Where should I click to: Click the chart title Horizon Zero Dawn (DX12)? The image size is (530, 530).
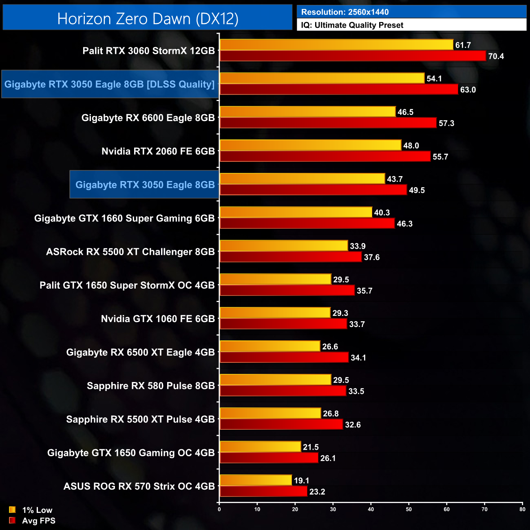(x=148, y=19)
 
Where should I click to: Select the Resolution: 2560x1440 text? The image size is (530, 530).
(x=345, y=12)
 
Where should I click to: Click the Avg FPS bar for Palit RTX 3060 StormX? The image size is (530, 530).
(x=353, y=56)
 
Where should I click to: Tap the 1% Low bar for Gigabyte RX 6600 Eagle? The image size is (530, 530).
(x=307, y=112)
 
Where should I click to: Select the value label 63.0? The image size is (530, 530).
(x=468, y=90)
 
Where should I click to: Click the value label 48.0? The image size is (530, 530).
(x=411, y=146)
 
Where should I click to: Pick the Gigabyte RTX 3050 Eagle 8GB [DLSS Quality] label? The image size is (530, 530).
(x=109, y=84)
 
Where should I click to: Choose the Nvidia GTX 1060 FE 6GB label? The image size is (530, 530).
(x=158, y=319)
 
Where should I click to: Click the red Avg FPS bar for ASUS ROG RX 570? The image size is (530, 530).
(x=263, y=491)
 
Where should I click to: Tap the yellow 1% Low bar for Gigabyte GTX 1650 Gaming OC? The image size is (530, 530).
(x=260, y=447)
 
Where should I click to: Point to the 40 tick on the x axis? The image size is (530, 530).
(x=371, y=509)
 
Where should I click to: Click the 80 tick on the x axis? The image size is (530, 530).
(x=522, y=509)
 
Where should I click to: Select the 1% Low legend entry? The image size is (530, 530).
(x=31, y=510)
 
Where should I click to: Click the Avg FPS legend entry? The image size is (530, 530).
(x=33, y=521)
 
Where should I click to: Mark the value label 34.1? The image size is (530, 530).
(x=358, y=358)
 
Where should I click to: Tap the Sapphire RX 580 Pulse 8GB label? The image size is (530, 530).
(x=151, y=386)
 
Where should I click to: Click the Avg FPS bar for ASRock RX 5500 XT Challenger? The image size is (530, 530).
(x=291, y=257)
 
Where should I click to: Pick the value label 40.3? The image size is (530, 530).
(x=382, y=212)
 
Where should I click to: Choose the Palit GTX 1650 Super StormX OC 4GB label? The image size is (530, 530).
(x=127, y=285)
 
